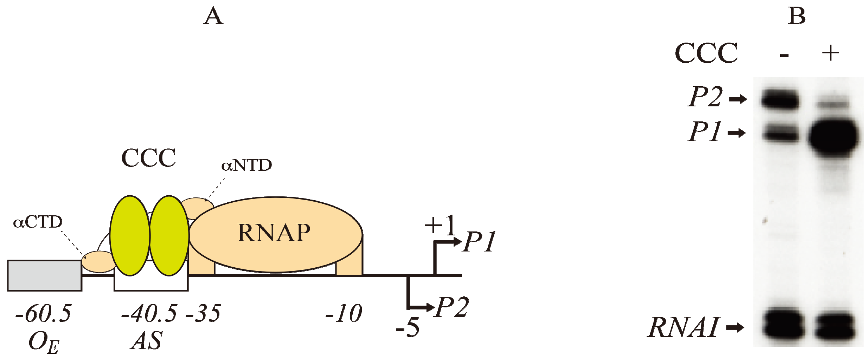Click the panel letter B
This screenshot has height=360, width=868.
pos(796,16)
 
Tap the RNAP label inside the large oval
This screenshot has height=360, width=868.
pos(274,233)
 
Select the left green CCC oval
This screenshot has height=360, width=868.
pos(130,236)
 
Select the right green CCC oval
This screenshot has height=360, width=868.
pos(169,236)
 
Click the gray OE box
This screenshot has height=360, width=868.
pos(45,275)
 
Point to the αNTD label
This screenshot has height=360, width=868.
pos(246,165)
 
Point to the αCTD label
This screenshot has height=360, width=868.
pos(38,222)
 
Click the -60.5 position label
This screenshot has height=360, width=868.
pos(43,314)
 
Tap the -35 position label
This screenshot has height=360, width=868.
pos(203,314)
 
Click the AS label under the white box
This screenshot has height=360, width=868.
pos(147,341)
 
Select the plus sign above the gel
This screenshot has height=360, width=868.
pos(830,53)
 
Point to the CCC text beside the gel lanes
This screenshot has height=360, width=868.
pos(706,53)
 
